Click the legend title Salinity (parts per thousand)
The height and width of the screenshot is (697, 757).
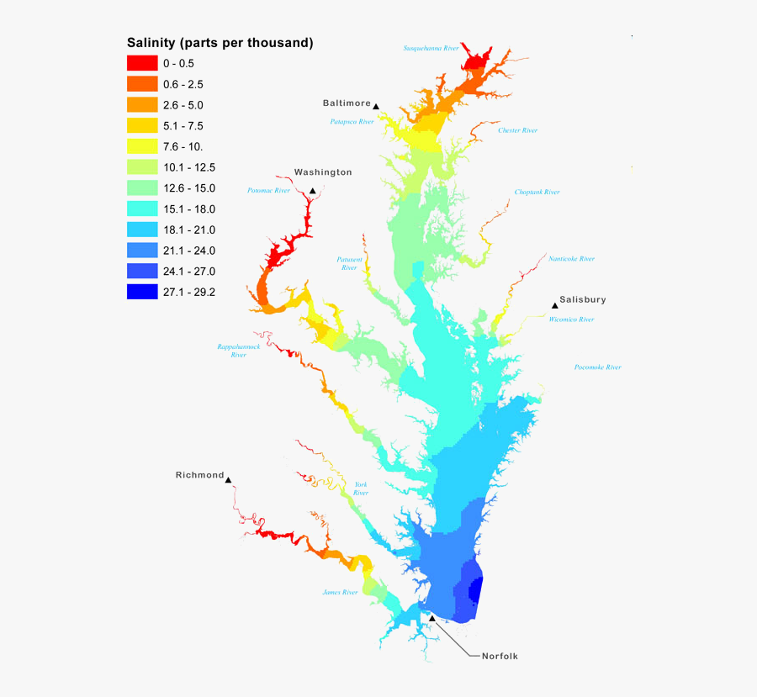(220, 42)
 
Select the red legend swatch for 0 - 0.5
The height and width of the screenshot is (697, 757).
(142, 63)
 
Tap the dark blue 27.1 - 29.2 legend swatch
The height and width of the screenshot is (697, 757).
(142, 292)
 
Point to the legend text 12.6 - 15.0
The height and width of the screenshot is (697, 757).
(189, 187)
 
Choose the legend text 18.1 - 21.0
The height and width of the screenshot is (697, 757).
(189, 230)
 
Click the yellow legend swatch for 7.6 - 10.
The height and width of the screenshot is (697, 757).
(142, 146)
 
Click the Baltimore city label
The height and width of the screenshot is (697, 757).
(347, 103)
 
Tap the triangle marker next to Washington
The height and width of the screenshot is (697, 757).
(313, 192)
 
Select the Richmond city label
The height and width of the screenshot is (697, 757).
(200, 475)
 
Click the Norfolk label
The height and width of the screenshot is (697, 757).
(500, 656)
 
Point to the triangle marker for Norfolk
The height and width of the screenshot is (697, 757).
(432, 618)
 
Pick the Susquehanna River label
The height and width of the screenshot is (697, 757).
(431, 48)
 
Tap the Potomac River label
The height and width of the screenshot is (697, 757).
(268, 191)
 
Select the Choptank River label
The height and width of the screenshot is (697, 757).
(537, 192)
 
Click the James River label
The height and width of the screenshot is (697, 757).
(340, 592)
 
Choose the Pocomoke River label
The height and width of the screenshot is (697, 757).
(597, 367)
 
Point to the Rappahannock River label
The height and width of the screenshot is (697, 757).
(238, 351)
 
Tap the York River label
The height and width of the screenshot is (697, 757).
(360, 488)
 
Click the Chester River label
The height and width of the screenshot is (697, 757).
(517, 130)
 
